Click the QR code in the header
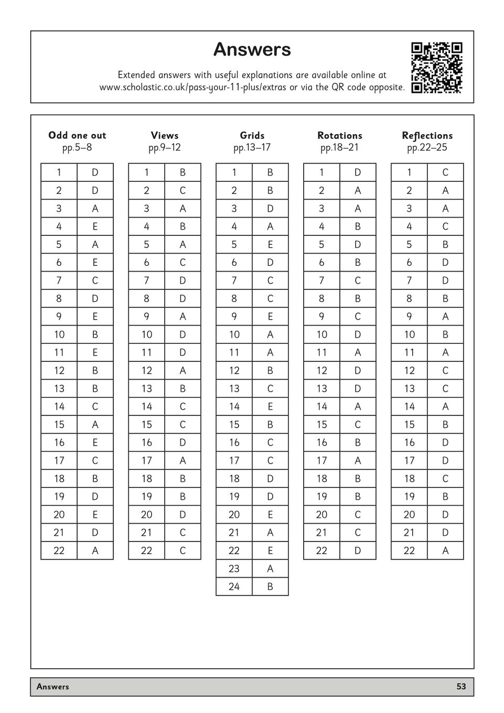pyautogui.click(x=436, y=68)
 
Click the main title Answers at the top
pyautogui.click(x=252, y=49)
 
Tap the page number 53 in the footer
pyautogui.click(x=461, y=686)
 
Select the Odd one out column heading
pyautogui.click(x=77, y=135)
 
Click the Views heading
pyautogui.click(x=165, y=135)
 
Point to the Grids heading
pyautogui.click(x=252, y=135)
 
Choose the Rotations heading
pyautogui.click(x=340, y=135)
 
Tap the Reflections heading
pyautogui.click(x=427, y=135)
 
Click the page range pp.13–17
pyautogui.click(x=252, y=147)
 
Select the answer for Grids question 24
pyautogui.click(x=270, y=587)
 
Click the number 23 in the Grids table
pyautogui.click(x=234, y=568)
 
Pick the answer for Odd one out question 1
pyautogui.click(x=95, y=172)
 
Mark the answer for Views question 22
pyautogui.click(x=183, y=550)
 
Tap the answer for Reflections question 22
pyautogui.click(x=445, y=550)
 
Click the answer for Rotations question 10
pyautogui.click(x=358, y=334)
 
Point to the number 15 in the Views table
pyautogui.click(x=146, y=424)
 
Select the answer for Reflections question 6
pyautogui.click(x=445, y=262)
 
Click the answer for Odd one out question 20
pyautogui.click(x=95, y=514)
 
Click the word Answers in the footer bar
pyautogui.click(x=53, y=686)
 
